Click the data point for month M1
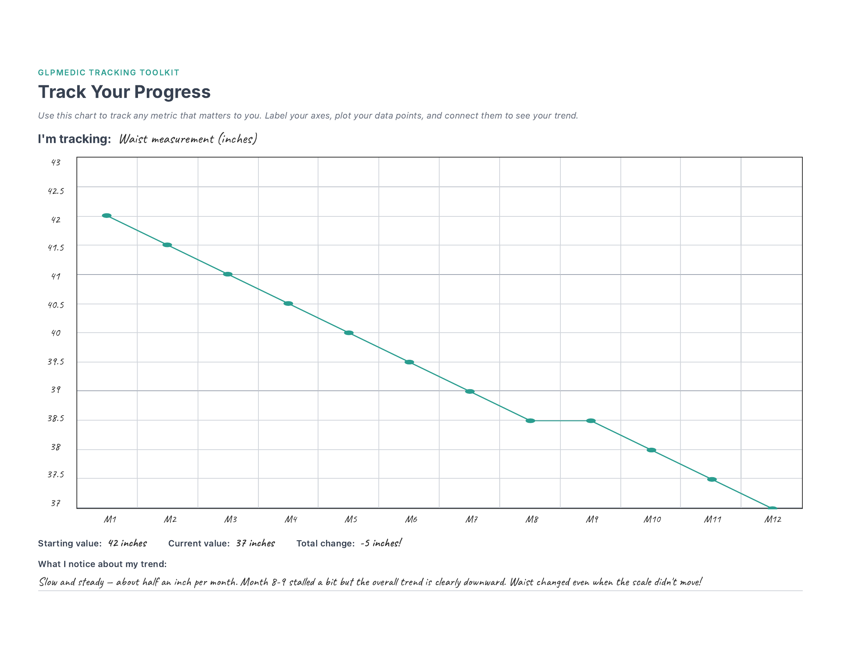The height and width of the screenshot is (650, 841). click(107, 216)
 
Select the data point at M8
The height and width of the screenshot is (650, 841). click(530, 421)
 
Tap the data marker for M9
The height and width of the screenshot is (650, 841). click(591, 421)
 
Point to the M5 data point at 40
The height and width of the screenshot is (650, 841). click(349, 333)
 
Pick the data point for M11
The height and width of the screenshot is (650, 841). click(712, 479)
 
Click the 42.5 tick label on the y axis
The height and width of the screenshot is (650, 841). click(56, 191)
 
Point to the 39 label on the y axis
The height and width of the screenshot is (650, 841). click(56, 390)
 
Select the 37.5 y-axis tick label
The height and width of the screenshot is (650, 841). click(56, 475)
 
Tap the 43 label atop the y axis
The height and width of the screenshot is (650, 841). click(56, 162)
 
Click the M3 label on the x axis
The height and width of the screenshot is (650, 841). click(231, 520)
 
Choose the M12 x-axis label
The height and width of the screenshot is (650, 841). click(773, 520)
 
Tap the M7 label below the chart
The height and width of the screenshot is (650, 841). click(471, 520)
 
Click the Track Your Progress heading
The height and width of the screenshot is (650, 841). click(124, 92)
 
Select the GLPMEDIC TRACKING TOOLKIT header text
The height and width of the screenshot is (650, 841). click(109, 72)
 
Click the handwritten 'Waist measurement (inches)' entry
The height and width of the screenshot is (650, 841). click(188, 139)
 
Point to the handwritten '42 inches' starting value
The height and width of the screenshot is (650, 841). click(127, 543)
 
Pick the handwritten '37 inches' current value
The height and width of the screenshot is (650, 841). click(255, 543)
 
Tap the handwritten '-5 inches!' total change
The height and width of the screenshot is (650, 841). click(381, 543)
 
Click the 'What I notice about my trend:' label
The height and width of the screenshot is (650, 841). click(102, 564)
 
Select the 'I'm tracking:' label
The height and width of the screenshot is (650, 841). click(74, 139)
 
